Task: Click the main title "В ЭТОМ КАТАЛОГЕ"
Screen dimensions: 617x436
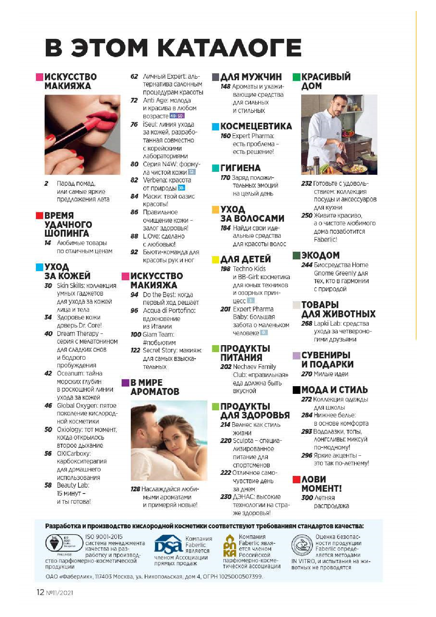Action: click(x=173, y=48)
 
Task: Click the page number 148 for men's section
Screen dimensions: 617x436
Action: click(x=225, y=86)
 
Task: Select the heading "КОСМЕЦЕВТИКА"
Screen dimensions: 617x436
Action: click(x=256, y=126)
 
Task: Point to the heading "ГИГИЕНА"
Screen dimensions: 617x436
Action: click(x=240, y=168)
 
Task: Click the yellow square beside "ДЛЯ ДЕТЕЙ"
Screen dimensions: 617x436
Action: click(x=215, y=260)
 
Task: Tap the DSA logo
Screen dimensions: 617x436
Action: click(x=168, y=545)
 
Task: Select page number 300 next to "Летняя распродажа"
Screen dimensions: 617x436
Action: click(x=307, y=498)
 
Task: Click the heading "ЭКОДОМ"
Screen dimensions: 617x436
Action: click(x=320, y=255)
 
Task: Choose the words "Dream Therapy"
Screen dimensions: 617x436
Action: click(x=78, y=333)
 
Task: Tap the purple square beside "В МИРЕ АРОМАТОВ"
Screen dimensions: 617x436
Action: click(x=125, y=383)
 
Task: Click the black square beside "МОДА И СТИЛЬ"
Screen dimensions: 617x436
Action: click(x=296, y=390)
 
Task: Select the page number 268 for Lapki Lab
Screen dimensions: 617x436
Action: click(x=307, y=324)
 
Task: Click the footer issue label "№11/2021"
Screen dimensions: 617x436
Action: click(x=59, y=592)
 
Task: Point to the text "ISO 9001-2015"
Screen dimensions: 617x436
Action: click(x=104, y=537)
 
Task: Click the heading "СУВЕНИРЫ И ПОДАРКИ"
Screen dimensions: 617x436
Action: click(x=327, y=359)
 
